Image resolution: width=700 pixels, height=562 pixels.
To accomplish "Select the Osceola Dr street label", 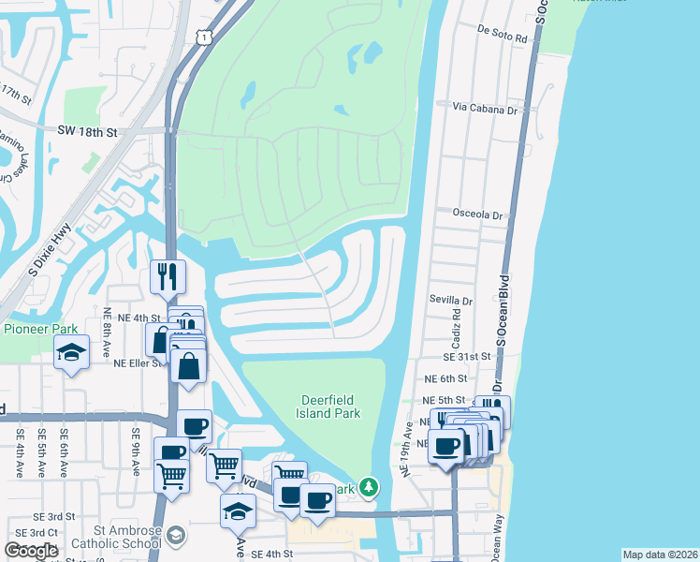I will tap(478, 214).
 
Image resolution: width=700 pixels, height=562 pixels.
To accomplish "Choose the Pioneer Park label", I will tap(40, 329).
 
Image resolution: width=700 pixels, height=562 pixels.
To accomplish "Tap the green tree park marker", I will tap(370, 486).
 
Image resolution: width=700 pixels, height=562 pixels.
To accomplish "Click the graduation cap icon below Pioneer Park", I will tap(71, 353).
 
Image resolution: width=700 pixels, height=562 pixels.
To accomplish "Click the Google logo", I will tap(31, 551).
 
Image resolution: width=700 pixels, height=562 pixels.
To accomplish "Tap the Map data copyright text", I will tap(659, 555).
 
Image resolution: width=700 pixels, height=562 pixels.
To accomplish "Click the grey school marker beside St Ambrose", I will tap(175, 535).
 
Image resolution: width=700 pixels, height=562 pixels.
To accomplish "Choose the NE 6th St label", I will tap(445, 378).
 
